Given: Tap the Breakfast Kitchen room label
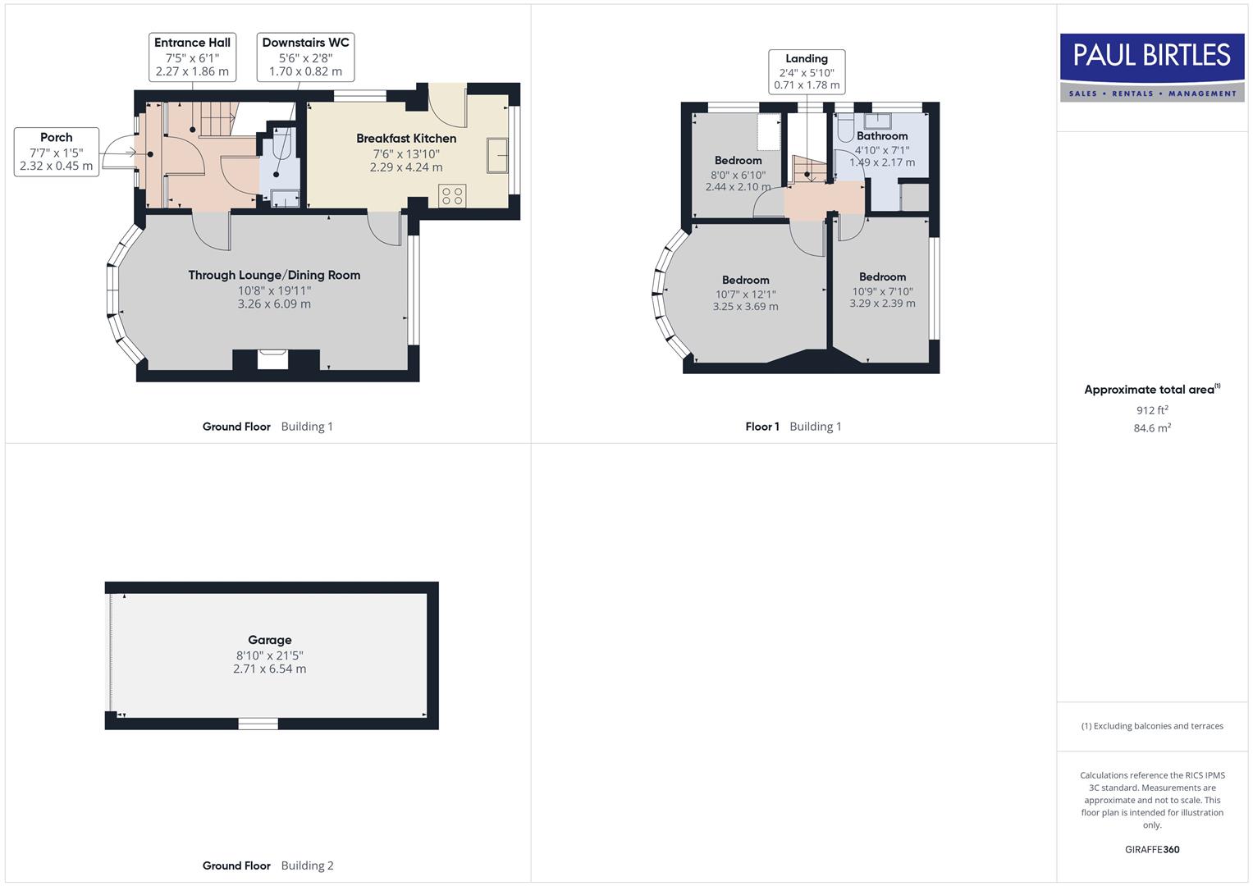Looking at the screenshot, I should (406, 139).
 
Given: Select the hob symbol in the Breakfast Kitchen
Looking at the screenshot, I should (452, 195).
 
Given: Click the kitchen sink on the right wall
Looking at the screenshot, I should (497, 156).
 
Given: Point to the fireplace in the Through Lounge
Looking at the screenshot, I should (273, 359).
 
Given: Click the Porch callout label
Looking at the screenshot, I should (57, 151).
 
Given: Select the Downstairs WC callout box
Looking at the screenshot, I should (305, 57).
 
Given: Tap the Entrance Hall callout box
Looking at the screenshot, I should (192, 57).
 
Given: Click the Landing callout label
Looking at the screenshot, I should (807, 71).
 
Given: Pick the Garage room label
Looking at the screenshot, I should (270, 640).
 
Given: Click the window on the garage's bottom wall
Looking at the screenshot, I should (258, 724).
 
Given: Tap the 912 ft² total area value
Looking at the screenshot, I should (1152, 410).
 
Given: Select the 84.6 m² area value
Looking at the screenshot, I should (1152, 428).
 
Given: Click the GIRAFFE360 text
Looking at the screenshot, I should (1152, 850).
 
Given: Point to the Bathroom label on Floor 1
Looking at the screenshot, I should (882, 136).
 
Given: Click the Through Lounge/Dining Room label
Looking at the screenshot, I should (274, 276).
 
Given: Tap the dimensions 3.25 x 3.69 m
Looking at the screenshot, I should (745, 307).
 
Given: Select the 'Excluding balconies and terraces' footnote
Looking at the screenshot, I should (1152, 726).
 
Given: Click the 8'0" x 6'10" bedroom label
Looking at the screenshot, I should (739, 175).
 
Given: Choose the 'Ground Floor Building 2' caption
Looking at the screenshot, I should (268, 865).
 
